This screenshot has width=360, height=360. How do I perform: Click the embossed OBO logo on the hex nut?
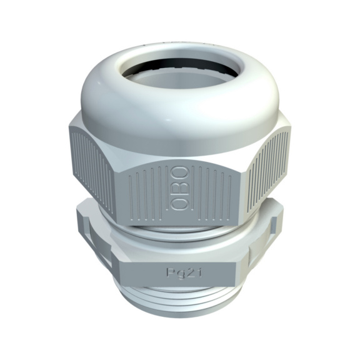[x=180, y=188]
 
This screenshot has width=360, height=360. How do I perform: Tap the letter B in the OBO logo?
[x=180, y=188]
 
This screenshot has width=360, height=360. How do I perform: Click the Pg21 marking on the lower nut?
[x=184, y=273]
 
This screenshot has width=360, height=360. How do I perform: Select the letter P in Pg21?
[x=170, y=272]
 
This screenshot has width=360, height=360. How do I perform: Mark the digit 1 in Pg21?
[x=199, y=272]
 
